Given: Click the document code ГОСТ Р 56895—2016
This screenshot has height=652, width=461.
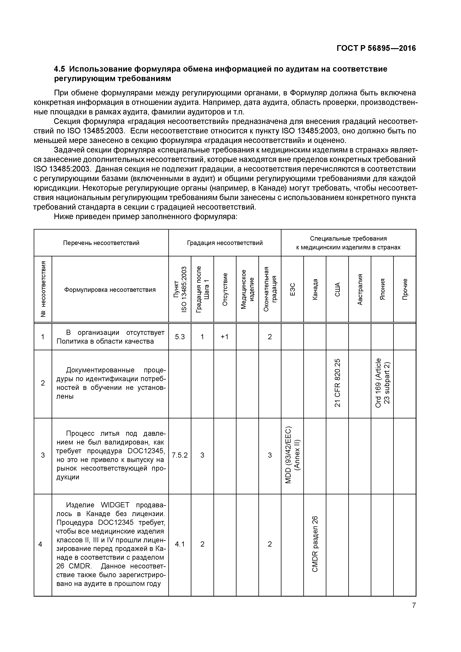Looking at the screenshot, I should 376,48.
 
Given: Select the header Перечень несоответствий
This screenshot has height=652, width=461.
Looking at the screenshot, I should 101,243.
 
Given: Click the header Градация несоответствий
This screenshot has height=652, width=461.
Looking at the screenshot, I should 225,243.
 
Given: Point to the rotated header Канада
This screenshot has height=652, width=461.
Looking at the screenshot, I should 315,289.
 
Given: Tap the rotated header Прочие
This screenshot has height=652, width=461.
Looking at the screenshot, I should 405,289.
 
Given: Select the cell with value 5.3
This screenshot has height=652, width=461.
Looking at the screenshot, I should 180,337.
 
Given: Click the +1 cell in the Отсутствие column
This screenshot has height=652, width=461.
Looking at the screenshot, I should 225,337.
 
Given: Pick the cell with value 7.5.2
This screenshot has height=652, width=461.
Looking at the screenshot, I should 180,455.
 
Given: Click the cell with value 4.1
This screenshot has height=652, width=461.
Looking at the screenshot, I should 180,544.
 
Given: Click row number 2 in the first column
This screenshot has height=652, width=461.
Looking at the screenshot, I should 43,383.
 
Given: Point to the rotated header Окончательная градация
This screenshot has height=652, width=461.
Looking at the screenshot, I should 270,289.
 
